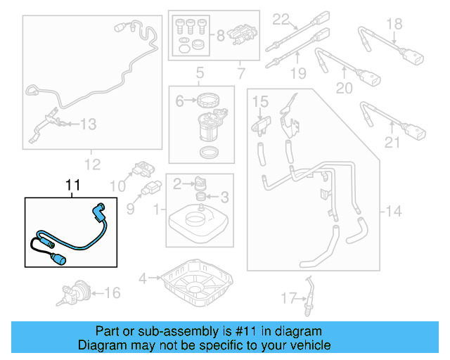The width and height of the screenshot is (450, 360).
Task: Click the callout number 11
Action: pos(73,186)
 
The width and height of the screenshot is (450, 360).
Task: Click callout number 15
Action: pos(260,103)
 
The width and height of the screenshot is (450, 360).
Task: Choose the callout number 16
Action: pos(112,292)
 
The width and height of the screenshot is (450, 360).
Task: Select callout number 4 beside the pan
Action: pos(143,278)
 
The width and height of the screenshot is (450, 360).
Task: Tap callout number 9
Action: pos(130,208)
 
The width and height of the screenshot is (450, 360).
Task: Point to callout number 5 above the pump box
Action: pos(200,72)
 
